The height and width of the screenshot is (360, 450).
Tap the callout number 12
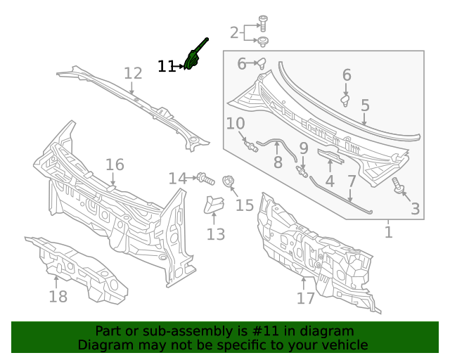(133, 73)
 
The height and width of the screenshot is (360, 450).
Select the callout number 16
(115, 165)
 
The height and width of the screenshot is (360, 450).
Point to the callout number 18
(58, 297)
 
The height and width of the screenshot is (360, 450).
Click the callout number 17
(306, 298)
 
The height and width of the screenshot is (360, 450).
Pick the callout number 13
(216, 234)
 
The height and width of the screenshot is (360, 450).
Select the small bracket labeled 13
(214, 205)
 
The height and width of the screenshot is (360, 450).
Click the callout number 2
(234, 32)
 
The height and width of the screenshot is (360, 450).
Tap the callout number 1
(388, 232)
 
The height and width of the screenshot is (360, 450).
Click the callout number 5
(365, 105)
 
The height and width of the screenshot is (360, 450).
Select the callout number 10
(236, 124)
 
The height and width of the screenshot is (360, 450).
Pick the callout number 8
(278, 162)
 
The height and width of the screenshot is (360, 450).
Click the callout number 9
(304, 148)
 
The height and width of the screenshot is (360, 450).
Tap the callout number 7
(352, 181)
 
